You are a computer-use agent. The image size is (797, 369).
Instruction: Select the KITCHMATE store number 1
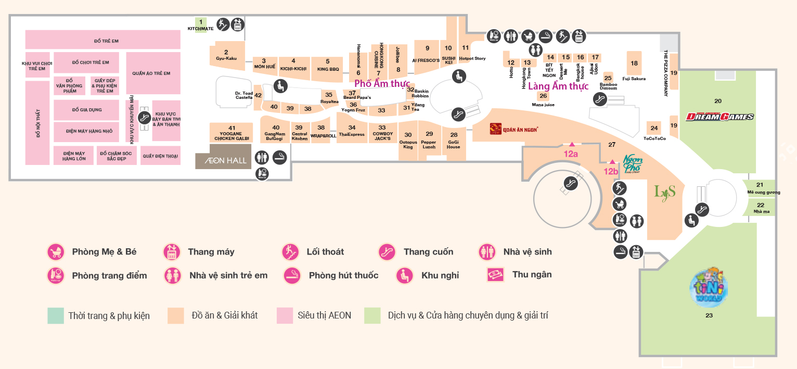coord(200,24)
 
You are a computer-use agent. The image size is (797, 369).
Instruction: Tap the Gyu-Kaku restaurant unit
coord(226,55)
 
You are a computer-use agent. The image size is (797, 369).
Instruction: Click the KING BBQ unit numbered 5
coord(328,65)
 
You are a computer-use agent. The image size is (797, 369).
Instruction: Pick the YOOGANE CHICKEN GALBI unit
coord(232,133)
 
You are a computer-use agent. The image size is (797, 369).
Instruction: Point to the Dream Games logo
coord(719,116)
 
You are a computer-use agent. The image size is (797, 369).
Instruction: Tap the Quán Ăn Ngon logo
coord(513,128)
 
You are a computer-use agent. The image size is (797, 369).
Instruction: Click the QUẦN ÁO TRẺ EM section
coord(152,73)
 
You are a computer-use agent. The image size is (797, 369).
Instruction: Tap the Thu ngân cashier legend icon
coord(495,274)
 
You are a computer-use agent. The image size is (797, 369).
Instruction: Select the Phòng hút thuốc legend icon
coord(292,275)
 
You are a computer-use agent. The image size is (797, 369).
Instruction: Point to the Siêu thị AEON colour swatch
coord(285,315)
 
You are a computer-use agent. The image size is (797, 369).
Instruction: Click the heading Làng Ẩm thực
coord(558,86)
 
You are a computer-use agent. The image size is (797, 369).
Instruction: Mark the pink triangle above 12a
coord(571,143)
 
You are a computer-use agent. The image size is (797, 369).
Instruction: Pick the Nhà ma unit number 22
coord(761,207)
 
